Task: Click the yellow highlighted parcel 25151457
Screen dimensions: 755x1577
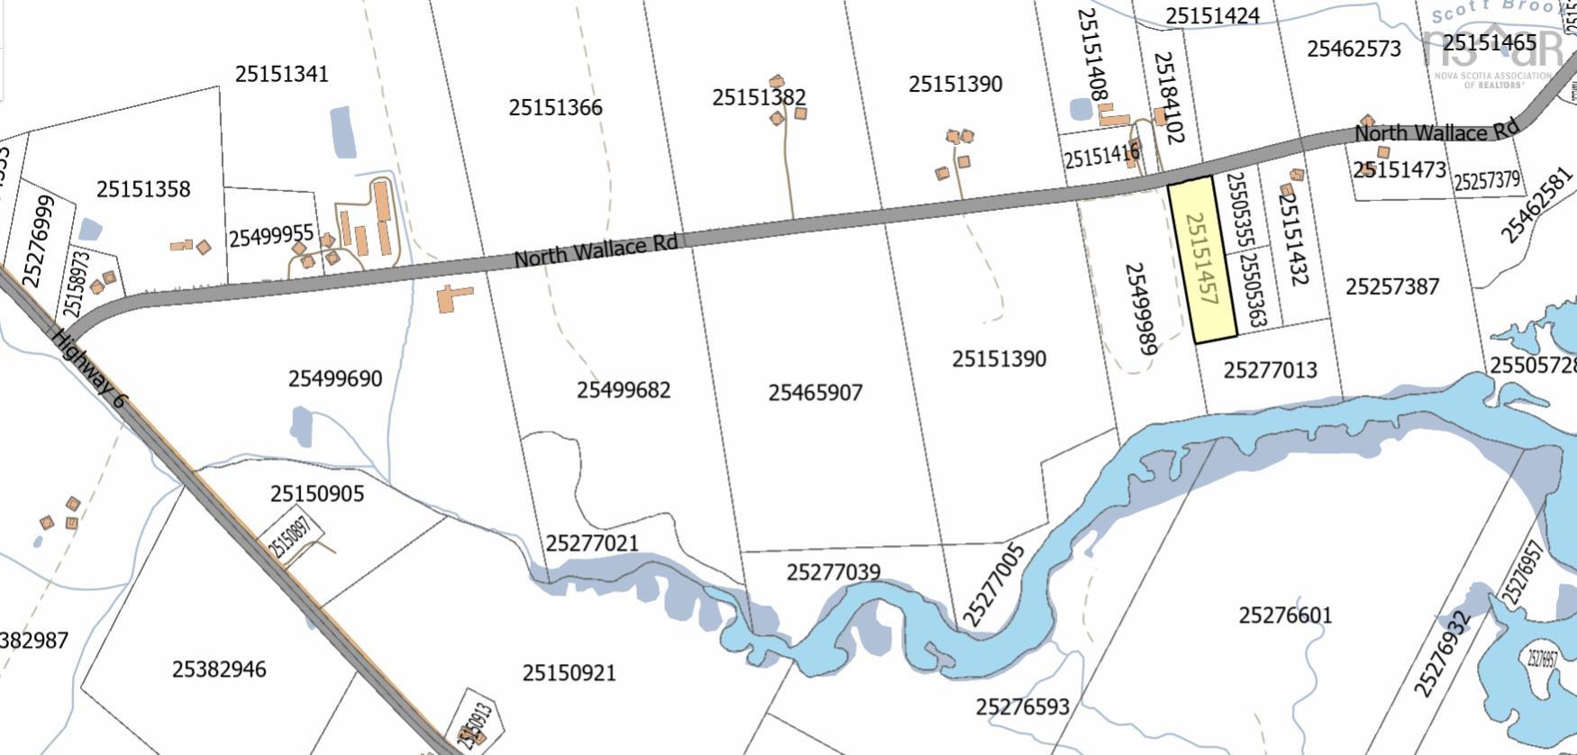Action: [x=1203, y=259]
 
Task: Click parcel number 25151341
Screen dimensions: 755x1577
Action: [x=281, y=74]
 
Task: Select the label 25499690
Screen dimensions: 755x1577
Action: [x=335, y=378]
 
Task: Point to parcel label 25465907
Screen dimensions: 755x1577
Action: [x=815, y=393]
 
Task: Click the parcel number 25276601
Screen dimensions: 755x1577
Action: [x=1285, y=615]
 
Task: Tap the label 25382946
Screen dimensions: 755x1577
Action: [x=219, y=669]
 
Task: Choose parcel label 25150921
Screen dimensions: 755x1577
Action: [x=569, y=673]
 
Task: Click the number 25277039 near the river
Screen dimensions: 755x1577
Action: [x=833, y=572]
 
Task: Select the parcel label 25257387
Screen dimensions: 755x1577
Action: [x=1391, y=287]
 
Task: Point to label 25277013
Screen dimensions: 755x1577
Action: [x=1270, y=370]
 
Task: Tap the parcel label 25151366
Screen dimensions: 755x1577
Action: [x=555, y=107]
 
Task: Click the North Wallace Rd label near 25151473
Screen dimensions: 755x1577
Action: [x=1436, y=132]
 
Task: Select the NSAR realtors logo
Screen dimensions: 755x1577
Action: [x=1491, y=50]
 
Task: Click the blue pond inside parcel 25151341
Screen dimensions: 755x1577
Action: [x=342, y=132]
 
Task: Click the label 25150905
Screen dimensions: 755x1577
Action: [x=316, y=494]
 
